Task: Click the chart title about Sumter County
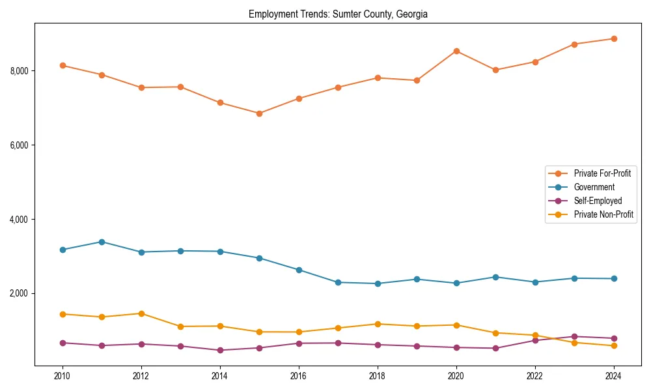coord(338,14)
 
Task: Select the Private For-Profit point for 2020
coord(456,51)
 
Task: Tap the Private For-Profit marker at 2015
coord(259,113)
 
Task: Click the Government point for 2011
coord(102,242)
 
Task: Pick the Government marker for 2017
coord(338,282)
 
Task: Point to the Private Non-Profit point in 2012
coord(141,313)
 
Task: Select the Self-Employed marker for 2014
coord(220,350)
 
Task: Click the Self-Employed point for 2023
coord(574,336)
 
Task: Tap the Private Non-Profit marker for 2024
coord(614,345)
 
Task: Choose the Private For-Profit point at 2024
coord(614,38)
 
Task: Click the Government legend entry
coord(594,187)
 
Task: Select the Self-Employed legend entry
coord(598,201)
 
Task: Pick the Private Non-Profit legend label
coord(603,214)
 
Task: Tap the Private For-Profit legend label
coord(602,173)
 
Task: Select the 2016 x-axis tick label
coord(298,376)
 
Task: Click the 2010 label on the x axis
coord(62,376)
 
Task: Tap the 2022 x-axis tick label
coord(534,376)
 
